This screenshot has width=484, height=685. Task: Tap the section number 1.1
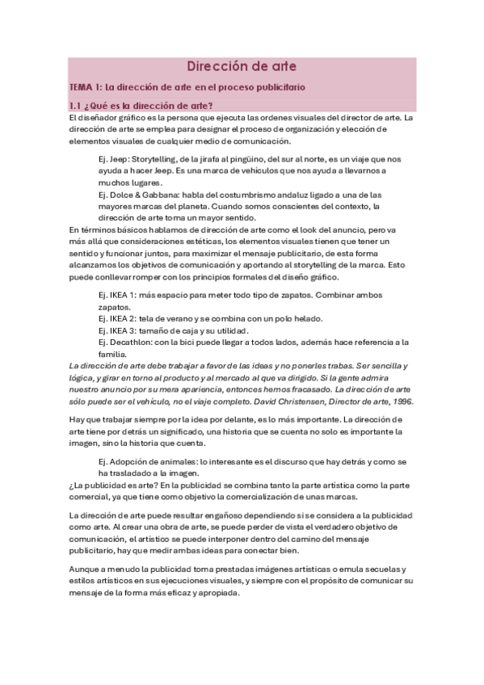click(x=78, y=106)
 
